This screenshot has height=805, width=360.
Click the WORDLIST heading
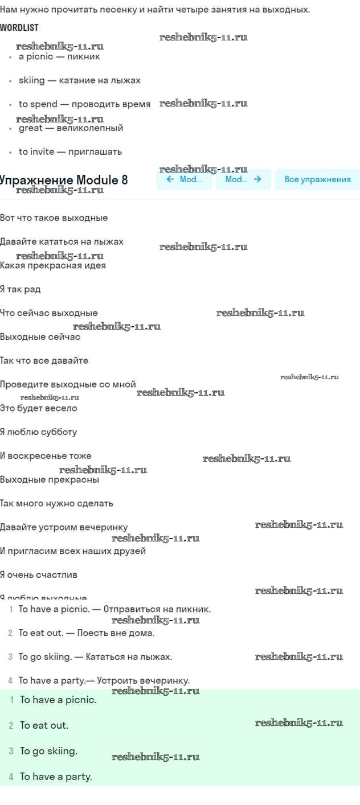pyautogui.click(x=19, y=27)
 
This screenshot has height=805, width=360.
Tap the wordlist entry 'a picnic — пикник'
pyautogui.click(x=59, y=56)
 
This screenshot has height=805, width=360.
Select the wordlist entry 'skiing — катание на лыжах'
pyautogui.click(x=79, y=80)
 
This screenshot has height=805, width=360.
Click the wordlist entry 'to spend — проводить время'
pyautogui.click(x=84, y=104)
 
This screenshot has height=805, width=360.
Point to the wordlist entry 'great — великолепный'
pyautogui.click(x=71, y=128)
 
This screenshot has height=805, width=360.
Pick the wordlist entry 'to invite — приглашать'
pyautogui.click(x=70, y=152)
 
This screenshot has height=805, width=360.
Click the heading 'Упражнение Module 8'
pyautogui.click(x=64, y=180)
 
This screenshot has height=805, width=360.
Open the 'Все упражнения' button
pyautogui.click(x=317, y=179)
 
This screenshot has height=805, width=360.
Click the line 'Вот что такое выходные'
pyautogui.click(x=54, y=218)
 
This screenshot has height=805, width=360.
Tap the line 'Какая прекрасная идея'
pyautogui.click(x=52, y=265)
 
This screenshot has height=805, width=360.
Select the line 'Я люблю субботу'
pyautogui.click(x=38, y=432)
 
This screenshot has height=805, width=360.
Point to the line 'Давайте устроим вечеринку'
pyautogui.click(x=64, y=527)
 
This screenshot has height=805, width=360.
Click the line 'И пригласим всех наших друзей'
pyautogui.click(x=73, y=551)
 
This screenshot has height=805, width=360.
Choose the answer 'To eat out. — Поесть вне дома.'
pyautogui.click(x=87, y=632)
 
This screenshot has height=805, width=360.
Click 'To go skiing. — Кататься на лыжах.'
pyautogui.click(x=95, y=656)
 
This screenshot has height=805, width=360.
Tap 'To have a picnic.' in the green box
pyautogui.click(x=58, y=700)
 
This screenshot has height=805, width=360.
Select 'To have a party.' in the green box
pyautogui.click(x=56, y=776)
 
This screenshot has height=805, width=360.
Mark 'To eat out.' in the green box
pyautogui.click(x=44, y=725)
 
